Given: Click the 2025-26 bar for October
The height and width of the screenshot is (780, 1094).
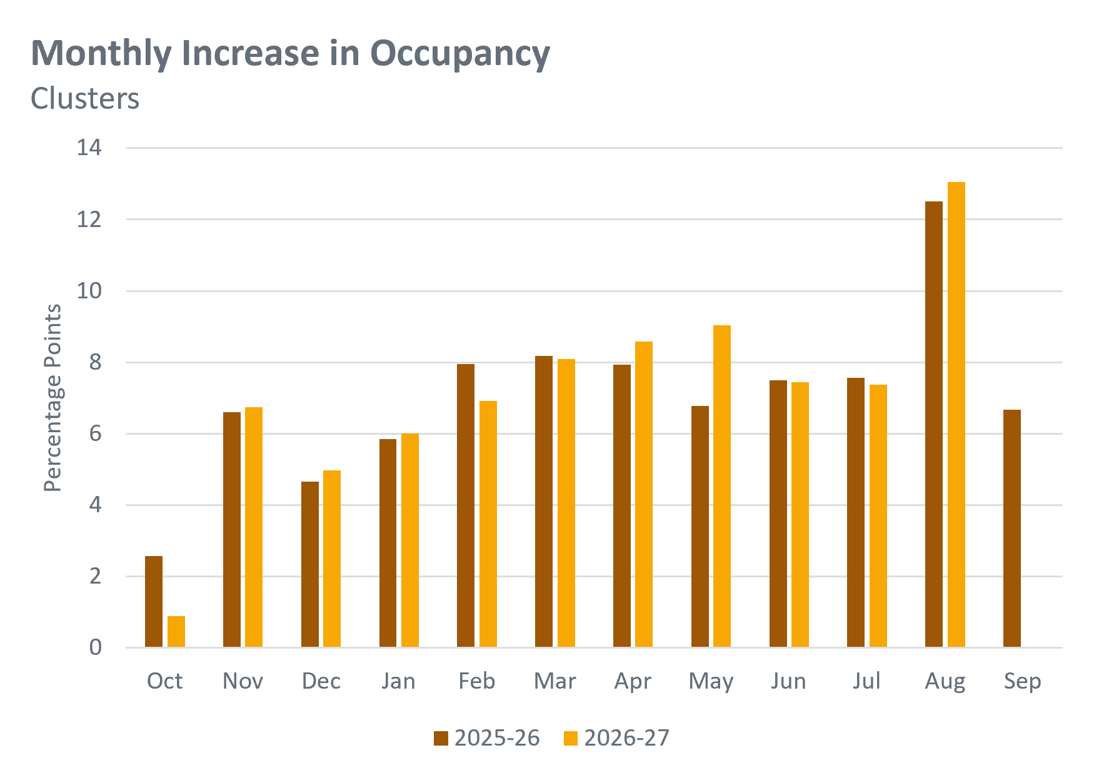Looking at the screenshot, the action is click(x=154, y=601).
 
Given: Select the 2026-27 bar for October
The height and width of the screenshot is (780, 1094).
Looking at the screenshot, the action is click(x=176, y=632).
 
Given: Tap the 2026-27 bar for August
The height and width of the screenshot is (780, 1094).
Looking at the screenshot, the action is click(x=956, y=415).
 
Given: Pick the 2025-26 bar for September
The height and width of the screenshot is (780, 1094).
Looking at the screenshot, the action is click(x=1012, y=529).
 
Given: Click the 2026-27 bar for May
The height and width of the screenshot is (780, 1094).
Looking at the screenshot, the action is click(x=722, y=486).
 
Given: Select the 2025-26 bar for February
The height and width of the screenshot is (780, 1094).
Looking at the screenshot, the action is click(x=466, y=505).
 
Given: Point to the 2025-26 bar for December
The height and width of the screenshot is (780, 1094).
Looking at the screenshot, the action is click(x=310, y=564).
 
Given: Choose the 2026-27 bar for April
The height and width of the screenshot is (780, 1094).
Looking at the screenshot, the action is click(x=644, y=494).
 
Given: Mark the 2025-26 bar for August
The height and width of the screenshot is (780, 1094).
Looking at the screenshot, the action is click(x=934, y=424).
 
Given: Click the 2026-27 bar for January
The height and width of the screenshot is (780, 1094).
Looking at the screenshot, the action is click(x=410, y=540).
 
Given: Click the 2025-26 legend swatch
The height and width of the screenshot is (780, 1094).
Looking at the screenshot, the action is click(x=441, y=739).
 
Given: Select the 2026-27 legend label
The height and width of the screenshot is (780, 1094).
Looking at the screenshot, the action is click(x=626, y=739).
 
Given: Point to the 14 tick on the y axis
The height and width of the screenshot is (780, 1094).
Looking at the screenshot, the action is click(x=89, y=148).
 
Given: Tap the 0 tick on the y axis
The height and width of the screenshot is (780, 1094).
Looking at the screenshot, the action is click(x=95, y=647).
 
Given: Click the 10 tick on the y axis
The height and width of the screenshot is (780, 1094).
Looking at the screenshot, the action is click(x=89, y=291).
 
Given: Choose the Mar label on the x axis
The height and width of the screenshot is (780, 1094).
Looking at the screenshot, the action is click(x=555, y=681).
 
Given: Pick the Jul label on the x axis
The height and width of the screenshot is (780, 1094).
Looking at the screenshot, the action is click(x=866, y=681).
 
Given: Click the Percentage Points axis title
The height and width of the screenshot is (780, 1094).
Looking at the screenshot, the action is click(x=53, y=398).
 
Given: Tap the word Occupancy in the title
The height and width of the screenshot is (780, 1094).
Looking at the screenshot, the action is click(x=460, y=54).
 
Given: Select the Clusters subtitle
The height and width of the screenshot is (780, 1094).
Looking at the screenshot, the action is click(x=85, y=99).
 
